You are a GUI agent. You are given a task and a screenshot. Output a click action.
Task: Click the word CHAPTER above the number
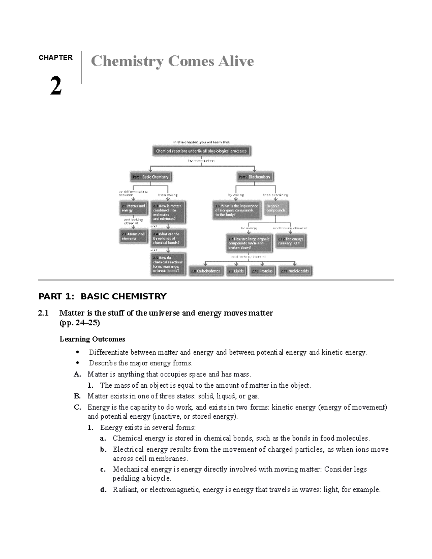click(55, 58)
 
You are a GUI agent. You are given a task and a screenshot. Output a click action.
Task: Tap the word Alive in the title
click(236, 61)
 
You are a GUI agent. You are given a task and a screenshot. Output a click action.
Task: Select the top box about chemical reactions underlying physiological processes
click(201, 151)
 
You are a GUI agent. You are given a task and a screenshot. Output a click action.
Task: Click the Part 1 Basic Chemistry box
click(150, 177)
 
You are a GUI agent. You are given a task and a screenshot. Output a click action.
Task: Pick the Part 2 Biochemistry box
click(255, 177)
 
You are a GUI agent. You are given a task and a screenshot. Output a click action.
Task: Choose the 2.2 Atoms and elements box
click(133, 236)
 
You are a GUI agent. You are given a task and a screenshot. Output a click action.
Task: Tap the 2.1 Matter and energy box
click(133, 208)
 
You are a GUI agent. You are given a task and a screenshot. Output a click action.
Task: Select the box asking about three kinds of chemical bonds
click(168, 238)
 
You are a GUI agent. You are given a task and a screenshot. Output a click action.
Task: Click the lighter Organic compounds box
click(276, 208)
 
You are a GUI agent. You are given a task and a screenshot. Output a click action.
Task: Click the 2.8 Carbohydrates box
click(206, 271)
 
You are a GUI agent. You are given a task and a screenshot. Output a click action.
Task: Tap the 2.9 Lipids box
click(236, 271)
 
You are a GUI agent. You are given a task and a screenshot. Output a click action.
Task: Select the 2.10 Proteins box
click(263, 271)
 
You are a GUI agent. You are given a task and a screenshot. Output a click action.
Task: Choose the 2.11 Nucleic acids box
click(295, 271)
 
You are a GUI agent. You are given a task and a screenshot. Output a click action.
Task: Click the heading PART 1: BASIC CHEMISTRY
click(102, 297)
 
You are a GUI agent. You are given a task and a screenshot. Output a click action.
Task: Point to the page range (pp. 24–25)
click(80, 323)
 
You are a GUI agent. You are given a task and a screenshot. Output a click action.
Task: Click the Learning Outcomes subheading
click(92, 339)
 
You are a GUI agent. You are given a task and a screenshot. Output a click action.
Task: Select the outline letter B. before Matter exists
click(77, 396)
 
